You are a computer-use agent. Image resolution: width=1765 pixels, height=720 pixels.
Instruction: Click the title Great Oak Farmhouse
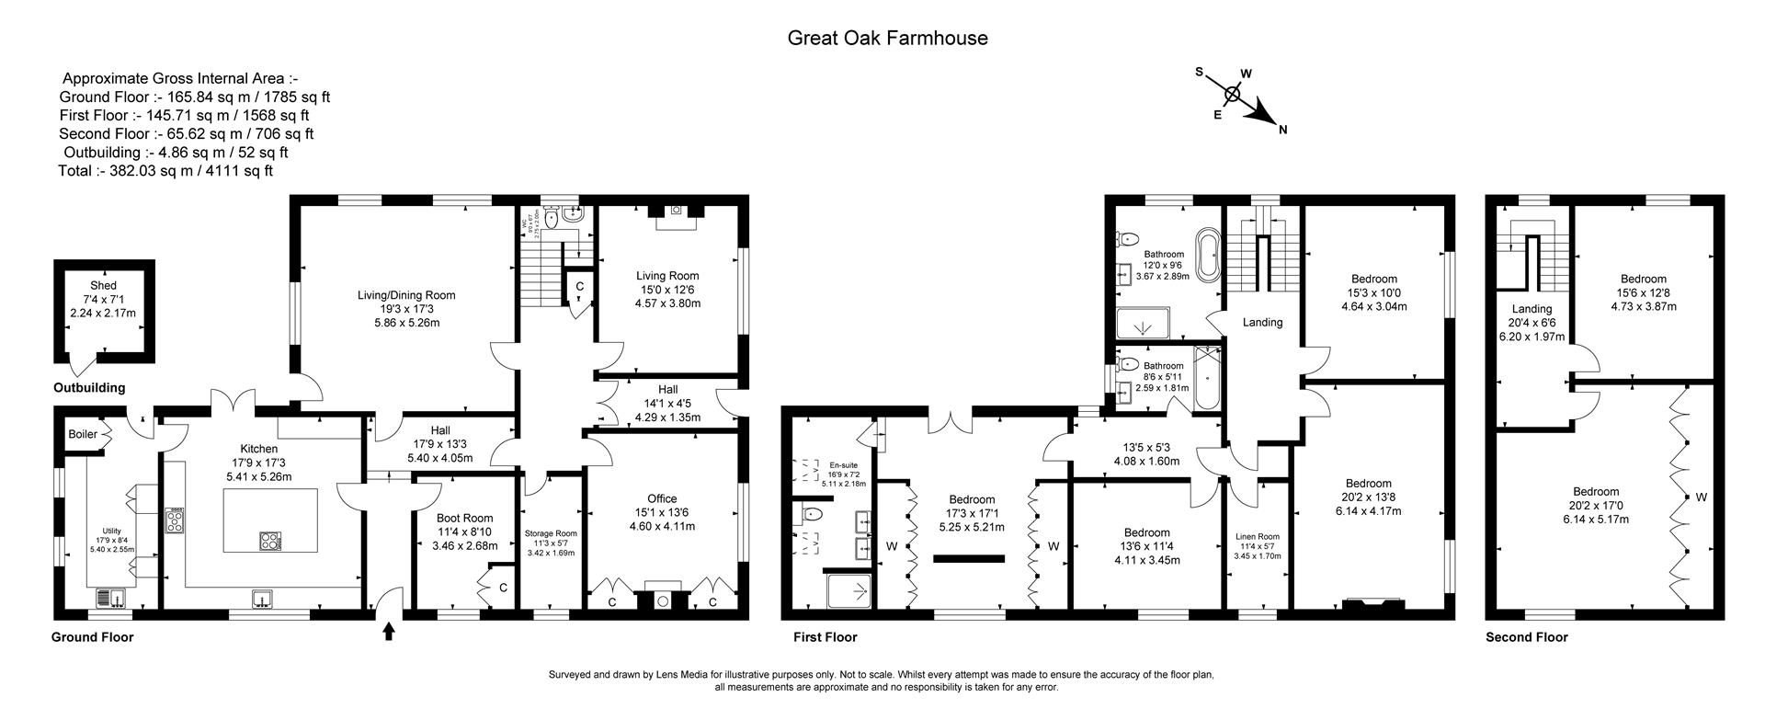tap(887, 38)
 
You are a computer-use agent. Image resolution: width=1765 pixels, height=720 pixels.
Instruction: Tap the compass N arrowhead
tap(1267, 117)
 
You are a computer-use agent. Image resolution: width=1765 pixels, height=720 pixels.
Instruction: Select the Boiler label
tap(83, 434)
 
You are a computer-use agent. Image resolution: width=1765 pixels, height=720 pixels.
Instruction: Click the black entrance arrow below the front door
tap(389, 632)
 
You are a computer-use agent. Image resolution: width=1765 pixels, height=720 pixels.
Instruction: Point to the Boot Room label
tap(464, 519)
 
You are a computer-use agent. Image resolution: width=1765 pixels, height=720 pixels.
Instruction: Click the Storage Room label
tap(551, 533)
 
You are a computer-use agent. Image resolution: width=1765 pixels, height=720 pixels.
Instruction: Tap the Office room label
tap(662, 499)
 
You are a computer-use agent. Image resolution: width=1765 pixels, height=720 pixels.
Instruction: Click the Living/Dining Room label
tap(406, 295)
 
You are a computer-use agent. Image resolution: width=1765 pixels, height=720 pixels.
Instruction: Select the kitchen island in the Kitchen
tap(271, 520)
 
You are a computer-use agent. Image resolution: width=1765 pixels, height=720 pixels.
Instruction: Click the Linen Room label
tap(1257, 537)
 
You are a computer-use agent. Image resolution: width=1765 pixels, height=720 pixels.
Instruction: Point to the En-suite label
tap(843, 465)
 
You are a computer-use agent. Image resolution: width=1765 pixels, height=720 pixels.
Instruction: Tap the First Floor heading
tap(825, 637)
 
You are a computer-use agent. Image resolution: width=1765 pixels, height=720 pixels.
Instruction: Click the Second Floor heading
tap(1526, 637)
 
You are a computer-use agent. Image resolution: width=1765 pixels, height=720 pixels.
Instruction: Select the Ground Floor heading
tap(92, 637)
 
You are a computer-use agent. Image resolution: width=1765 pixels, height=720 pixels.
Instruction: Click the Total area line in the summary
tap(165, 171)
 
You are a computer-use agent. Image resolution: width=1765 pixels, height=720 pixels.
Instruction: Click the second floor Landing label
tap(1532, 309)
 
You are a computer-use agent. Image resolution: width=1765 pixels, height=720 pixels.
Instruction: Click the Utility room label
tap(111, 531)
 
